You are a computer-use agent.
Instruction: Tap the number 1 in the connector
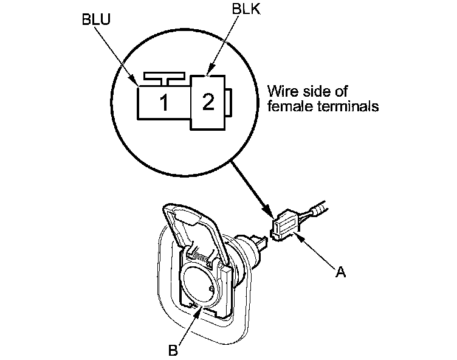(x=163, y=102)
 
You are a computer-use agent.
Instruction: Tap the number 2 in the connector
(x=208, y=102)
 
